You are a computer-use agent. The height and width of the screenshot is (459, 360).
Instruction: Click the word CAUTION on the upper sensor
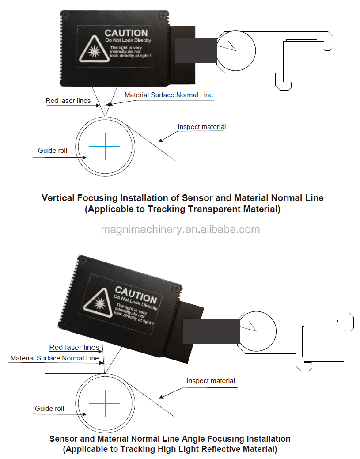(126, 33)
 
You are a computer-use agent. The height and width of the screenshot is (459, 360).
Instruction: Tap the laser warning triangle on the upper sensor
(94, 49)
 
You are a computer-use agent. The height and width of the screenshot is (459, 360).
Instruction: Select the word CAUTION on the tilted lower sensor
(136, 295)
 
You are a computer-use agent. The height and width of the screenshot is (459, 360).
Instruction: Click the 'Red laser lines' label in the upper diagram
(68, 101)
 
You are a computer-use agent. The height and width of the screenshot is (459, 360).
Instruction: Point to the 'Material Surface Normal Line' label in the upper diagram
(169, 95)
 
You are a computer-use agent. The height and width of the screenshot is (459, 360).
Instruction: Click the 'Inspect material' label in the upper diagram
(202, 127)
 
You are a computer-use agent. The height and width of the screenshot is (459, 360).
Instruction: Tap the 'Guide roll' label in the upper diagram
(53, 151)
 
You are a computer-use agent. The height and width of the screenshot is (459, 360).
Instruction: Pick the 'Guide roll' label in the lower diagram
(49, 408)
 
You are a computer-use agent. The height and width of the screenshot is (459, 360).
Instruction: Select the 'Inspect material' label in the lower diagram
(211, 380)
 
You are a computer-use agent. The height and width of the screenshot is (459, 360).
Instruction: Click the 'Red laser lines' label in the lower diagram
(74, 348)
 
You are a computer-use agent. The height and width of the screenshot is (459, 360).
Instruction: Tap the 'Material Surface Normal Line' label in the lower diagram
(55, 358)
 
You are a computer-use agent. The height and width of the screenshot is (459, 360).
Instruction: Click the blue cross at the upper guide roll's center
(105, 146)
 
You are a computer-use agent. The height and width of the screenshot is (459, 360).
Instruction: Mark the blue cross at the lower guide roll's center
(105, 403)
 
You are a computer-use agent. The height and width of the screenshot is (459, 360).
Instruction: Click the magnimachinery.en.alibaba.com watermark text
(180, 230)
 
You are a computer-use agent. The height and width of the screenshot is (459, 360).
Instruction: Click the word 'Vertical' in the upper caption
(58, 198)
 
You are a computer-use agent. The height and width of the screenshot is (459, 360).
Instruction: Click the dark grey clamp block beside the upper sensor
(196, 50)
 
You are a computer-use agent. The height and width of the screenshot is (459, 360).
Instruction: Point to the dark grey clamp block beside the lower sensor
(211, 331)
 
